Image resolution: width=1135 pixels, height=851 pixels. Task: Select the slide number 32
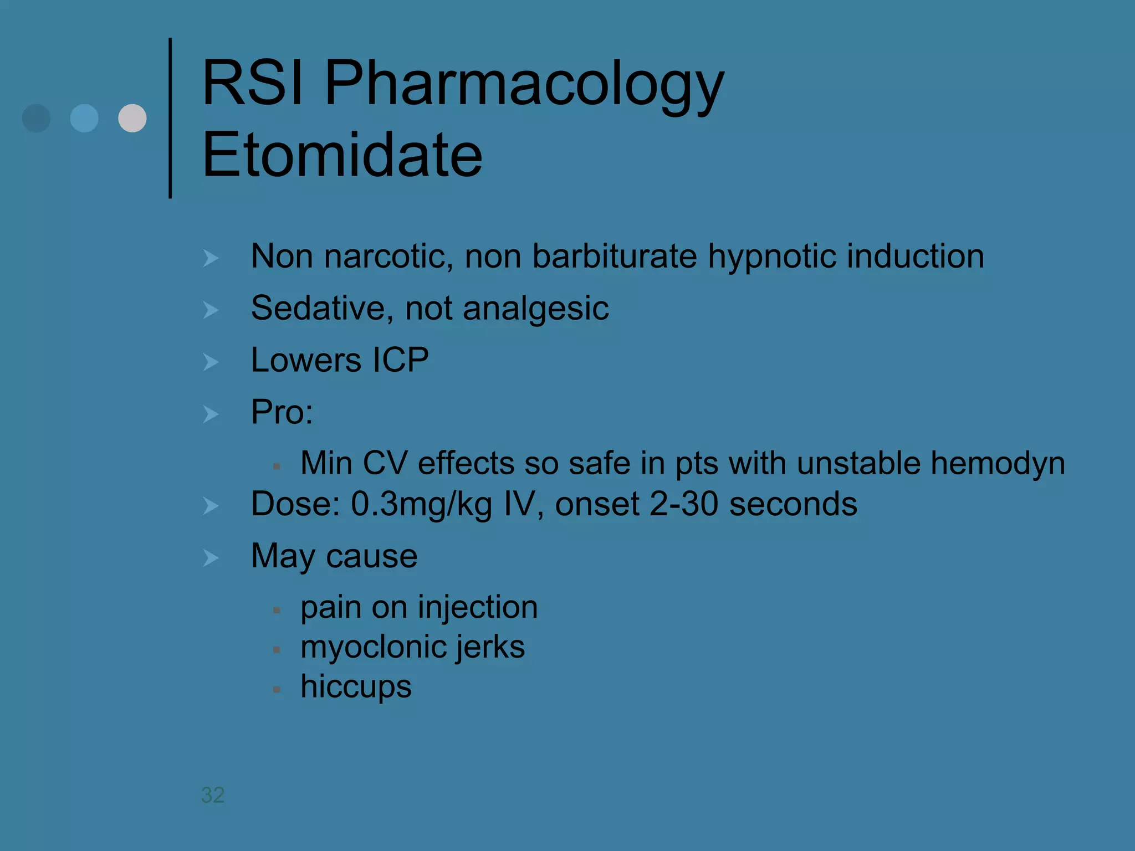(213, 795)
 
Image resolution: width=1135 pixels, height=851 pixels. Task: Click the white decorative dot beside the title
(132, 118)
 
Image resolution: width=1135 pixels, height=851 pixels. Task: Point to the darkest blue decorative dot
(37, 118)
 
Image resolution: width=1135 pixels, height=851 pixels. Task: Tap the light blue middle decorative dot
(84, 118)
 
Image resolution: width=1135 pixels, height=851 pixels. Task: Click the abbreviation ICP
(401, 360)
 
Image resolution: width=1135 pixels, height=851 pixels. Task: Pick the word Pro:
(282, 412)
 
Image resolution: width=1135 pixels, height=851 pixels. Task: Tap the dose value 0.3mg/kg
(421, 504)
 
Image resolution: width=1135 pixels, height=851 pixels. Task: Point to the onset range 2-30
(683, 504)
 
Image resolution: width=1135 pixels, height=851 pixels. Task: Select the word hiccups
(356, 687)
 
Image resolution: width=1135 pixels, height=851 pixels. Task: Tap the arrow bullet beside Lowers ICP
(211, 362)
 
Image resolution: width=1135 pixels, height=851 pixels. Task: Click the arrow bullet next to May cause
(211, 557)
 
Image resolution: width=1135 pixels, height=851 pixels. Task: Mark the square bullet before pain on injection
(277, 610)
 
